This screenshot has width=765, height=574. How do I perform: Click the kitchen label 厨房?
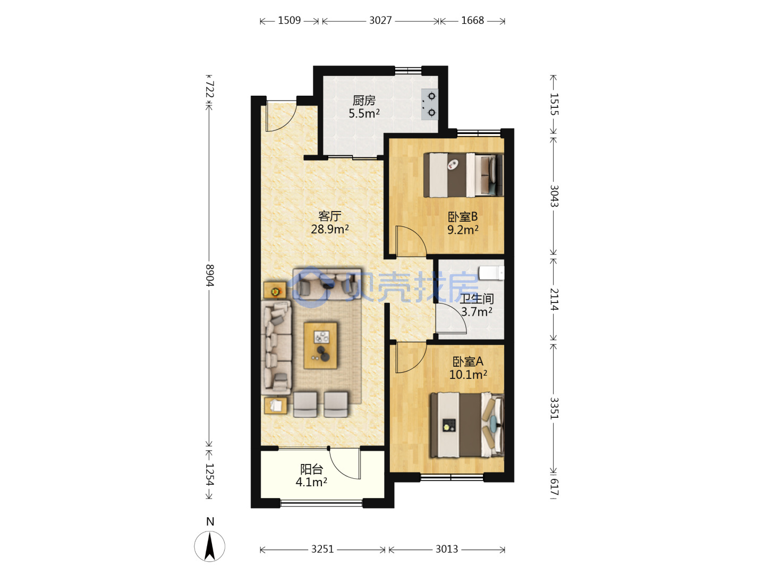(x=364, y=101)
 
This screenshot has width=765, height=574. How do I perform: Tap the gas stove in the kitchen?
(x=429, y=104)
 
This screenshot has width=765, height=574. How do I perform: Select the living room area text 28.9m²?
(x=330, y=229)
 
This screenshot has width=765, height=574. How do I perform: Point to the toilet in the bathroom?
(x=491, y=273)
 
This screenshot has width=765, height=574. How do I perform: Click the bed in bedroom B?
(x=463, y=175)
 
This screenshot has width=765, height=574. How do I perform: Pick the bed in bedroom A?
(x=467, y=425)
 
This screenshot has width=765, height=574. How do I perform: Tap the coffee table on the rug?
(x=320, y=345)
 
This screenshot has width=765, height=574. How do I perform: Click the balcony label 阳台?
(x=311, y=469)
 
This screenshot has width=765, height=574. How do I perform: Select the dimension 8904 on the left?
(x=209, y=275)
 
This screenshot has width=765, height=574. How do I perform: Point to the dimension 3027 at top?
(x=380, y=21)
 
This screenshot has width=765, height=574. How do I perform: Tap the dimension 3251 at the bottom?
(x=322, y=549)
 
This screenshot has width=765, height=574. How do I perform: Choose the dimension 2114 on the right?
(x=554, y=299)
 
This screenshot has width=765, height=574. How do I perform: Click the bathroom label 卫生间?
(x=477, y=299)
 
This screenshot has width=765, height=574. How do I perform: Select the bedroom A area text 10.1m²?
(x=468, y=375)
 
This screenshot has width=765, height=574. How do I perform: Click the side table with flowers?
(x=275, y=290)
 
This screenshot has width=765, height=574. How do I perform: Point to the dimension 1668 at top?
(x=473, y=21)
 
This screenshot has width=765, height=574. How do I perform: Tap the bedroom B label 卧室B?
(x=463, y=217)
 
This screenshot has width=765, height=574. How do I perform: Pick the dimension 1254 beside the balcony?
(x=209, y=474)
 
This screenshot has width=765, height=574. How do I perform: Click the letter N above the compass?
(x=210, y=522)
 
